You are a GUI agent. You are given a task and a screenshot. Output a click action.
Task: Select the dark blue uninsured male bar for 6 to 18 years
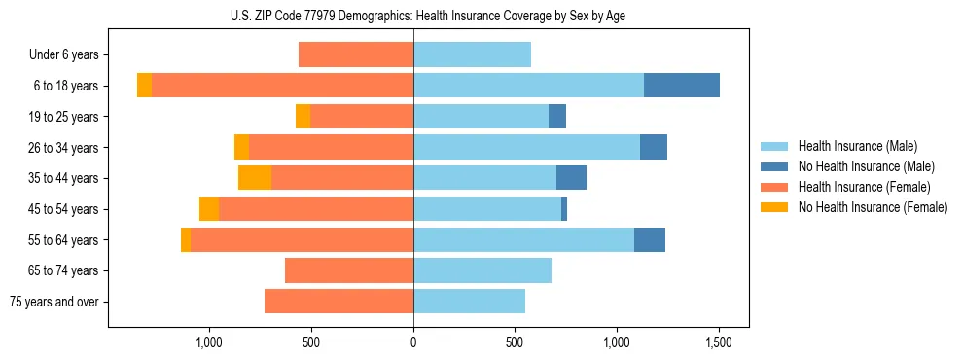click(x=681, y=86)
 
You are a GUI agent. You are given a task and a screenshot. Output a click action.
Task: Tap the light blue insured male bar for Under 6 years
click(x=472, y=54)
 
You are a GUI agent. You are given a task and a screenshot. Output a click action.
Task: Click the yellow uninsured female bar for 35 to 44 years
click(x=255, y=178)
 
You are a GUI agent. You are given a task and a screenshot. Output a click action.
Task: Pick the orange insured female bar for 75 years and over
click(x=339, y=302)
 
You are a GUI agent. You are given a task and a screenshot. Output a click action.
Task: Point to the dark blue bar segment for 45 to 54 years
click(x=564, y=209)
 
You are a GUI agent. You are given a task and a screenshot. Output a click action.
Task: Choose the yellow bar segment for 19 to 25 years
click(x=303, y=117)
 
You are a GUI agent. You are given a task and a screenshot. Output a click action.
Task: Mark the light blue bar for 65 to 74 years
click(x=482, y=270)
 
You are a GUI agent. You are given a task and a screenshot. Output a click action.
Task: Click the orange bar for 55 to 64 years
click(x=302, y=240)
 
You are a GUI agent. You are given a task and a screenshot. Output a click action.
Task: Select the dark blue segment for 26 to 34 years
click(x=654, y=147)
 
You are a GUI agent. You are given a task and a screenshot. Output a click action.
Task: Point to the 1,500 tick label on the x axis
click(x=719, y=342)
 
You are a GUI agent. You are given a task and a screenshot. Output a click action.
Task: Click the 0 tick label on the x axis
click(x=413, y=342)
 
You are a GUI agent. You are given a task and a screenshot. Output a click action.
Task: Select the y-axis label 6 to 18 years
click(x=65, y=86)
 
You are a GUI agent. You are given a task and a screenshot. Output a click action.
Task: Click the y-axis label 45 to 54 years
click(x=65, y=209)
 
